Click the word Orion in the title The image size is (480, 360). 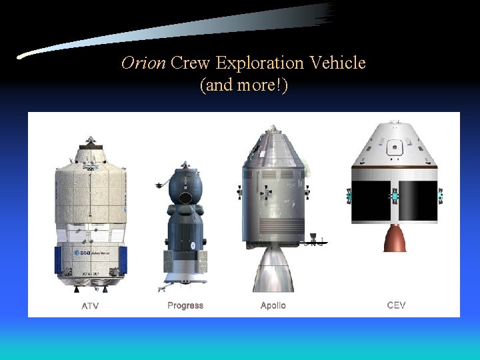[x=143, y=63]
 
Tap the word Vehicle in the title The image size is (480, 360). [x=339, y=63]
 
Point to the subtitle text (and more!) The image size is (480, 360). [x=243, y=85]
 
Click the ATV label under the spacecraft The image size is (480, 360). [x=91, y=305]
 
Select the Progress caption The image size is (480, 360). [x=185, y=305]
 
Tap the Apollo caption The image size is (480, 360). [x=273, y=305]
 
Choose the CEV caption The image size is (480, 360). [x=396, y=305]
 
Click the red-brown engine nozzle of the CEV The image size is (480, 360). [x=395, y=238]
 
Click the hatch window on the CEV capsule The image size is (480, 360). [x=395, y=145]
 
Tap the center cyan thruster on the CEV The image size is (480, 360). [x=394, y=196]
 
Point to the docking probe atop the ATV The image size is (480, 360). [x=90, y=141]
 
